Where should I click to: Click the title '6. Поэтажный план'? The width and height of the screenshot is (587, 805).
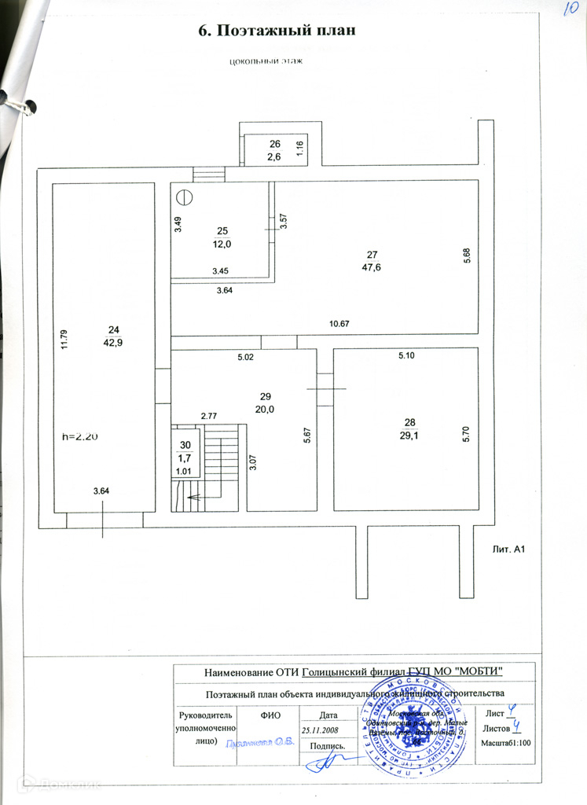coord(277,31)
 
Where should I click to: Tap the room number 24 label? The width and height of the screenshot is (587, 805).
coord(115,329)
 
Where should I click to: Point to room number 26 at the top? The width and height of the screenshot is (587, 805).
coord(275,144)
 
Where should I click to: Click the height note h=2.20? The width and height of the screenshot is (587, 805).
coord(80,437)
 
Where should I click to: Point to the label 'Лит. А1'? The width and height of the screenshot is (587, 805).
coord(508,548)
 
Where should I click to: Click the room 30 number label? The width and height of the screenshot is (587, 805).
coord(185,445)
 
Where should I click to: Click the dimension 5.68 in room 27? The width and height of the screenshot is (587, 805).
coord(467,256)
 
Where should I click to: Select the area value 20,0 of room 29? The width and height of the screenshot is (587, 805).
coord(265,409)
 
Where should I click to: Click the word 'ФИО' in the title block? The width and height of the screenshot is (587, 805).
coord(270,715)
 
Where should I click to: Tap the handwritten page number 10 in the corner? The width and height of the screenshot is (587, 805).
coord(570,9)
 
